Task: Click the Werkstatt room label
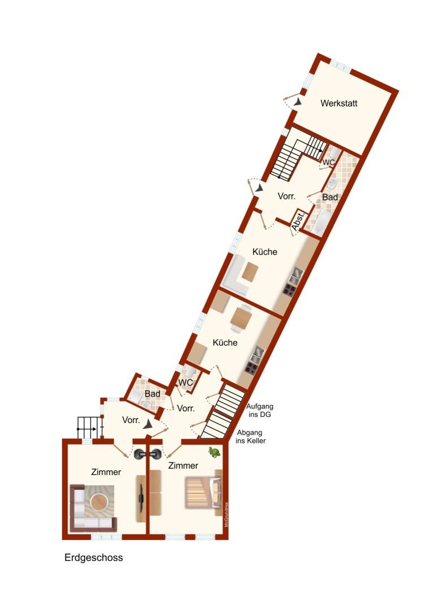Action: (x=339, y=103)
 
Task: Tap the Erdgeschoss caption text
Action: (x=94, y=557)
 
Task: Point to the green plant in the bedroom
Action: (x=214, y=452)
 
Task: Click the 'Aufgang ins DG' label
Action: (x=260, y=411)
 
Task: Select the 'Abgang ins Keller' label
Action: (x=251, y=437)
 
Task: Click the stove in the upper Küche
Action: (x=290, y=289)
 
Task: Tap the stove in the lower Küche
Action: (x=251, y=367)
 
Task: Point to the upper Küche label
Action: (x=265, y=252)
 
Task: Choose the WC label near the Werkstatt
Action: (x=329, y=162)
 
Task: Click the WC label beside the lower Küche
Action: (x=185, y=382)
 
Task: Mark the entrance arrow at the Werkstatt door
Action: (x=298, y=102)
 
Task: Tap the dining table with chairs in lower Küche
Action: (x=241, y=318)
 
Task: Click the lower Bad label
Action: (x=153, y=394)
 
